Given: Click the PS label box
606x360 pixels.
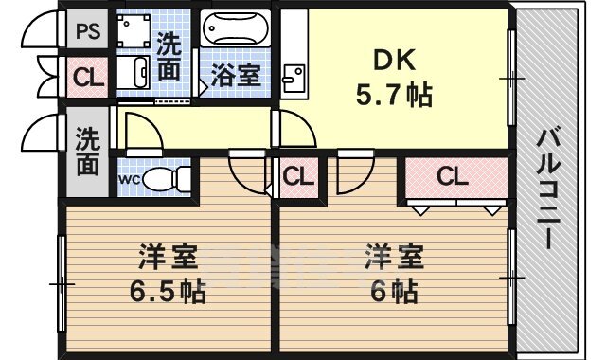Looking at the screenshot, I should [x=89, y=30].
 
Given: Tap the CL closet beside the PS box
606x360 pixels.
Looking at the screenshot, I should [x=89, y=77].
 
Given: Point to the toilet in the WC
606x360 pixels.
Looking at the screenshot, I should [x=166, y=177].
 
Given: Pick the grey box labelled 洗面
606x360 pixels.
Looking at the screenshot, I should [x=88, y=151].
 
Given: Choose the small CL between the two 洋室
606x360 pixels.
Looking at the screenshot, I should [x=298, y=176].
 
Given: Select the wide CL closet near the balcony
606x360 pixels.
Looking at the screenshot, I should [x=453, y=176].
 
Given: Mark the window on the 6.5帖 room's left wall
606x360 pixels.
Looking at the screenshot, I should [x=62, y=282].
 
